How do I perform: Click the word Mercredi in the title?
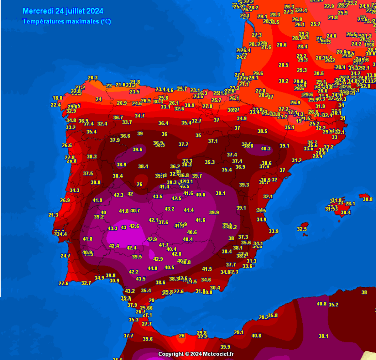click(x=39, y=11)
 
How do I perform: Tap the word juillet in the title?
click(x=75, y=11)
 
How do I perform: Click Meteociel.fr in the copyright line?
click(x=218, y=354)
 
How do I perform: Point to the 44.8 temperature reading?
click(x=152, y=269)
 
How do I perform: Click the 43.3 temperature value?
click(x=112, y=228)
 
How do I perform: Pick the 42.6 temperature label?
click(x=134, y=226)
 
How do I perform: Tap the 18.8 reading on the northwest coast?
click(x=57, y=98)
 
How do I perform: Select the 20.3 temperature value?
click(x=92, y=78)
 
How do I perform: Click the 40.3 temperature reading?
click(x=266, y=149)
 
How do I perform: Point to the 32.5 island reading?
click(x=302, y=229)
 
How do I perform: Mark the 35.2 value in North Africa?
click(x=333, y=305)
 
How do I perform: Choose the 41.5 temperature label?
click(x=207, y=269)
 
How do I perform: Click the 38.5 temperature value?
click(x=262, y=131)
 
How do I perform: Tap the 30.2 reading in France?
click(x=283, y=81)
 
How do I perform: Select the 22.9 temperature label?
click(x=329, y=6)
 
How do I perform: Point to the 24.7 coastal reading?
click(x=65, y=256)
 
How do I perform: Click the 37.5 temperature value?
click(x=88, y=173)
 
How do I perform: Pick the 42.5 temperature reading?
click(x=176, y=198)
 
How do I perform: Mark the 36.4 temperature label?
click(x=163, y=123)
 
